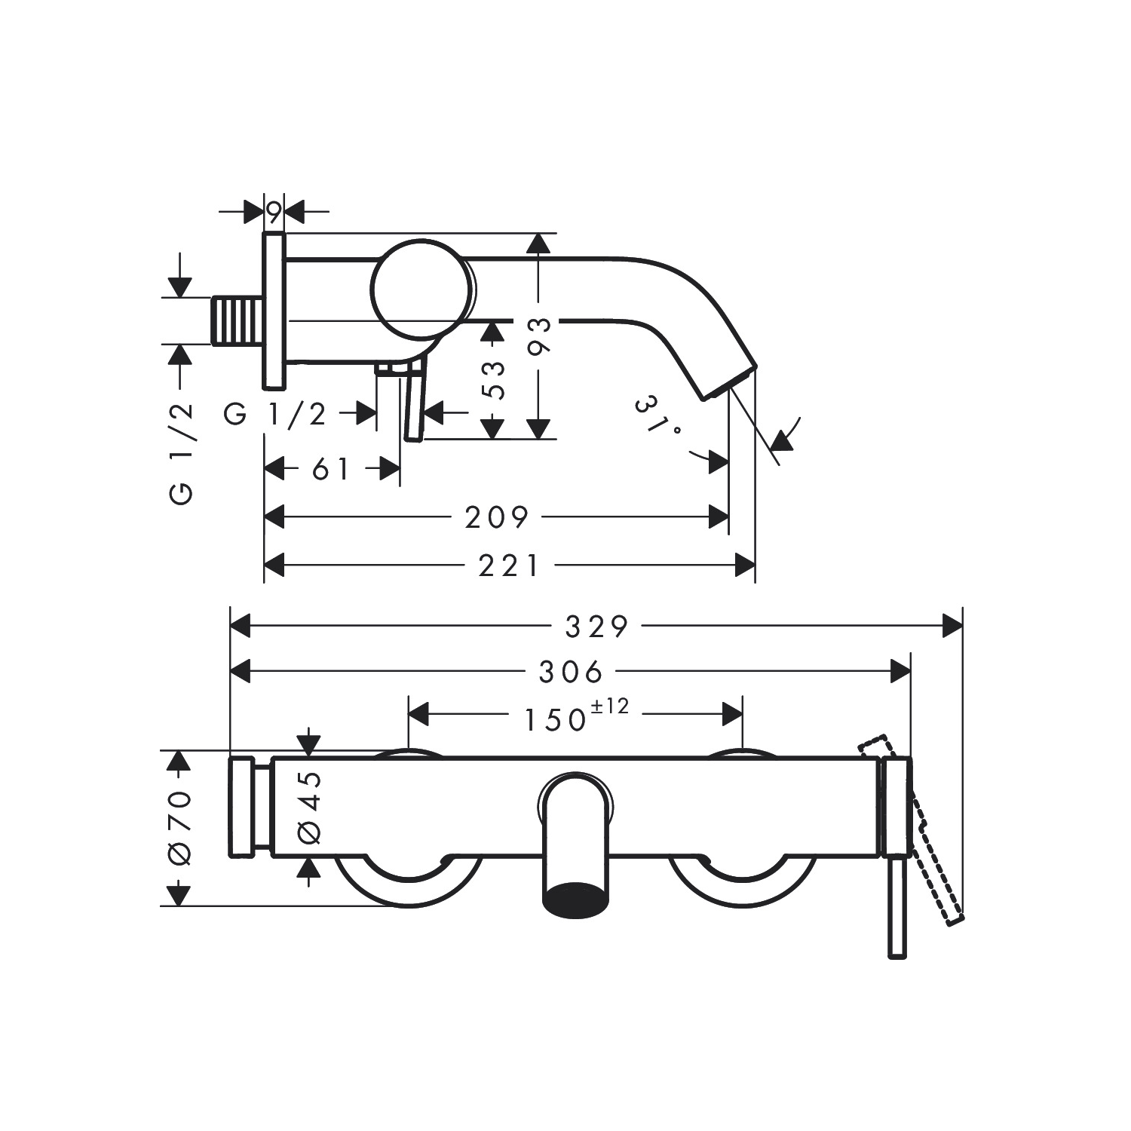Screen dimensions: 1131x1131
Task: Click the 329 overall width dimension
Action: coord(596,627)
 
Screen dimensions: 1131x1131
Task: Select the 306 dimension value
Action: coord(571,671)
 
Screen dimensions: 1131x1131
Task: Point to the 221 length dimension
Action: coord(509,565)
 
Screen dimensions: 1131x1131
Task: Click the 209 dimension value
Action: coord(497,518)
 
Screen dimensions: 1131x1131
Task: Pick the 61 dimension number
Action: coord(331,470)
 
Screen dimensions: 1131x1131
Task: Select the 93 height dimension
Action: coord(539,336)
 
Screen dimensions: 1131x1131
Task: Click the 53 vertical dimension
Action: coord(492,380)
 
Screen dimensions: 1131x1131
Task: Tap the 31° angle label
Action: coord(657,416)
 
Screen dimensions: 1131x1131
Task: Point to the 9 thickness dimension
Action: coord(274,213)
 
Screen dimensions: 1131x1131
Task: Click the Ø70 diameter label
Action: coord(180,828)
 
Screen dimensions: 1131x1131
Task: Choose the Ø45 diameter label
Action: coord(309,808)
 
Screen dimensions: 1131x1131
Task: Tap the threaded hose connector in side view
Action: coord(238,321)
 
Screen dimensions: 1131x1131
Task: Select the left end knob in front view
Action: coord(242,808)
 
